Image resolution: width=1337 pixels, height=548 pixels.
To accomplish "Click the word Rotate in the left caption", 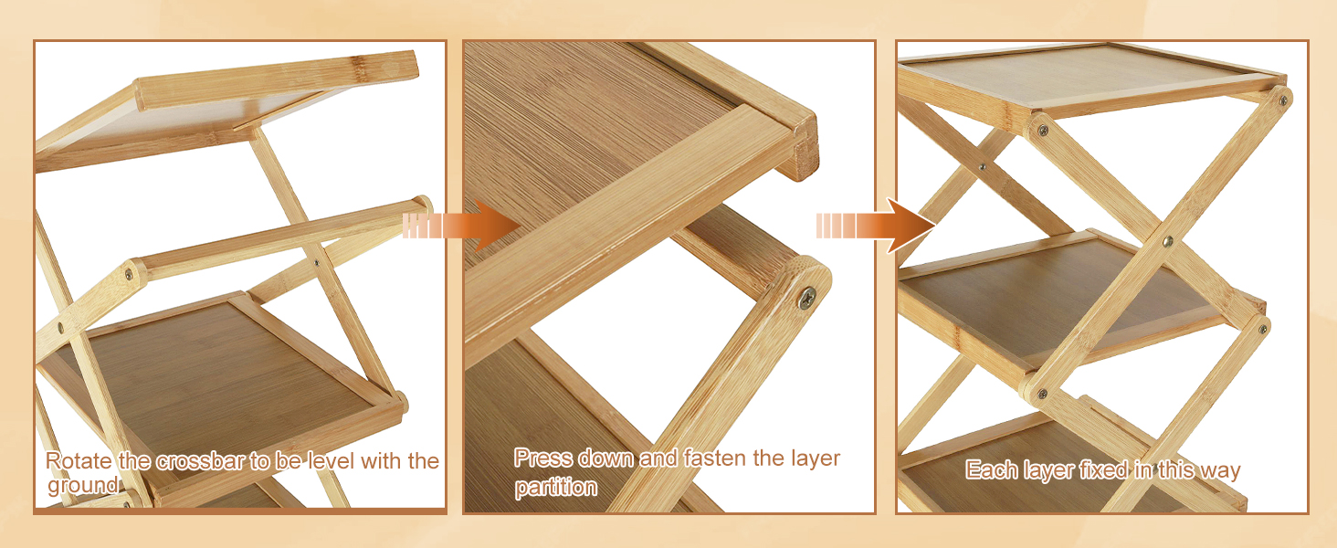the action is tap(78, 461).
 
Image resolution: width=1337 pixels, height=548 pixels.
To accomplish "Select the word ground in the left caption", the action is tap(83, 485).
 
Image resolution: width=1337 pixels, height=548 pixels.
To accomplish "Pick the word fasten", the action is tap(715, 458).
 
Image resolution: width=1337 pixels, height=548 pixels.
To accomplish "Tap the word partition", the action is tap(555, 487).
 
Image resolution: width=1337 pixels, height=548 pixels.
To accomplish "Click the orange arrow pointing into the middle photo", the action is tap(461, 226).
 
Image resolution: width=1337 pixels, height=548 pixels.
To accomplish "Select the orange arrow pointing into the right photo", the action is tap(876, 226).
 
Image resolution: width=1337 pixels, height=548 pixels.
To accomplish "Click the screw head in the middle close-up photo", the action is tap(807, 297).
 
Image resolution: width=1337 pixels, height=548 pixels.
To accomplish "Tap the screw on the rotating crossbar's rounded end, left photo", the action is tap(129, 275).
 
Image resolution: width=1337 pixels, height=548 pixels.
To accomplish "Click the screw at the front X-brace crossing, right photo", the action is tap(1168, 241).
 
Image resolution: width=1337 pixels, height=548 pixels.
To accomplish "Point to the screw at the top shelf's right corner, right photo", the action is tap(1283, 100).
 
